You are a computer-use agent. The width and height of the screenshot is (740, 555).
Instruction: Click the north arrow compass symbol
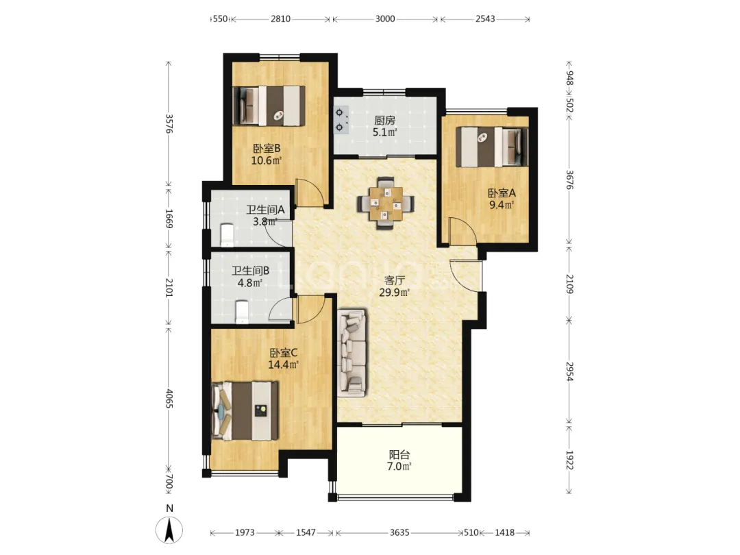pos(169,530)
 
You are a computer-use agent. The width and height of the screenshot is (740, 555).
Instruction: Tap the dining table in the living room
pos(386,203)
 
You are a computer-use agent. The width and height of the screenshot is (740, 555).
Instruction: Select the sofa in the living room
pos(352,353)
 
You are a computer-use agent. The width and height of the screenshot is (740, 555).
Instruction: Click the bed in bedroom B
pos(269,106)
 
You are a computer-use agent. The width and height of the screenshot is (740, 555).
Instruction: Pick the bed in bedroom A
pos(492,147)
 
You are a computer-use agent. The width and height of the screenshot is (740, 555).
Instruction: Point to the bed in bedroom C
pos(245,410)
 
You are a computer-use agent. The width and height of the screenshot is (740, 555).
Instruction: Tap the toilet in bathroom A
pos(227,235)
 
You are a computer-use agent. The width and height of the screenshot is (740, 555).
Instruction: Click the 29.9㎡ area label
pos(394,293)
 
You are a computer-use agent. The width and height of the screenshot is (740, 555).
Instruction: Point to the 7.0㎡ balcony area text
pos(399,467)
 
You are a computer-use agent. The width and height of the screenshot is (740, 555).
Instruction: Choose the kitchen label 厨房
pos(384,121)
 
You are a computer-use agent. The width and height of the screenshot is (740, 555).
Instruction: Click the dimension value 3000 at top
pos(385,19)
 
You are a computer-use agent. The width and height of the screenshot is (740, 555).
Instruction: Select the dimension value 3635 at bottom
pos(399,533)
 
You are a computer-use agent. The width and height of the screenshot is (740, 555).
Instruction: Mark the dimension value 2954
pos(569,372)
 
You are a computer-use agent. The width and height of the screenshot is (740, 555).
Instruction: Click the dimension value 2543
pos(485,19)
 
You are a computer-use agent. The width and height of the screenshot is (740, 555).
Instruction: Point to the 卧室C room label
pos(283,353)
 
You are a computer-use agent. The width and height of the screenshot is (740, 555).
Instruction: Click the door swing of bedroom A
pos(462,232)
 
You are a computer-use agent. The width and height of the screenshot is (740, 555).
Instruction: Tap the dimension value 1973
pos(245,533)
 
